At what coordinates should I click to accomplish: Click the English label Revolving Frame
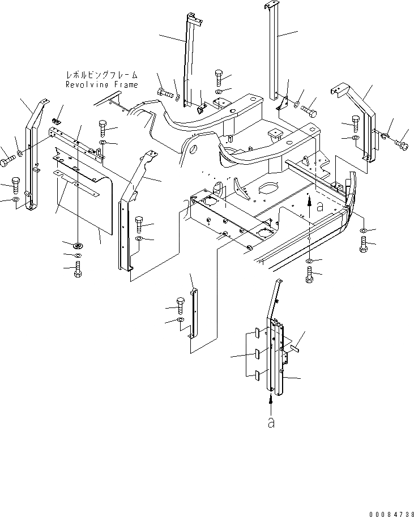[x=101, y=84]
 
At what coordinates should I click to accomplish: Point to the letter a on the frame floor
[x=320, y=207]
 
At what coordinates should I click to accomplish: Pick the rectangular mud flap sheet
[x=85, y=204]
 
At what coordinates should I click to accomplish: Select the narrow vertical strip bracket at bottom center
[x=193, y=314]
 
